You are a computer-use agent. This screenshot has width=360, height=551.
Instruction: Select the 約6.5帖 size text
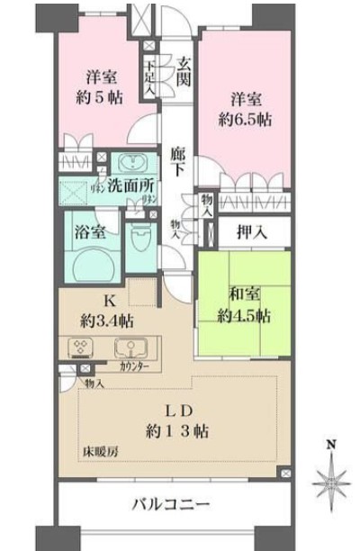pyautogui.click(x=245, y=119)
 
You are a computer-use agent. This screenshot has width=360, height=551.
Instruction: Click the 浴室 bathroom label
pyautogui.click(x=90, y=231)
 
